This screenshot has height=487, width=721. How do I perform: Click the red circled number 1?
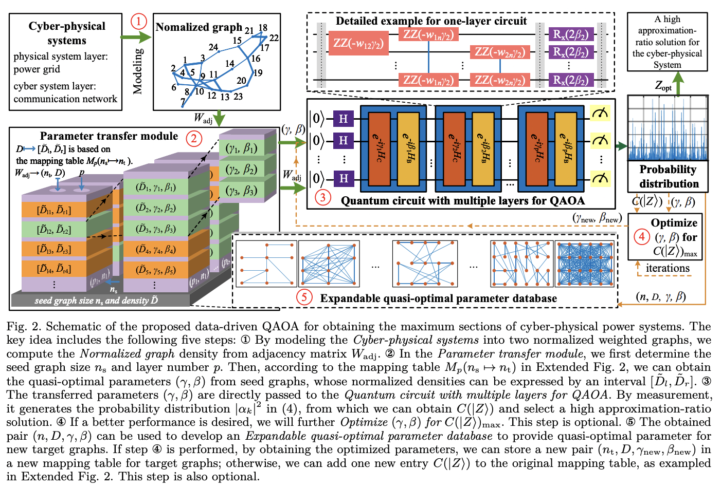point(138,22)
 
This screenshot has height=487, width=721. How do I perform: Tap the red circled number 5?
point(304,297)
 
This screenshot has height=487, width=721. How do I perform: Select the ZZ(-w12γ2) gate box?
point(358,43)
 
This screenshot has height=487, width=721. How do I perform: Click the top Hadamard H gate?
point(343,119)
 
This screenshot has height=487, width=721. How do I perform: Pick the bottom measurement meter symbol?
point(600,178)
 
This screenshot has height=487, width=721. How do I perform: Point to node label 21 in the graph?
point(249,31)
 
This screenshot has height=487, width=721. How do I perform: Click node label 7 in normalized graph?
point(183,102)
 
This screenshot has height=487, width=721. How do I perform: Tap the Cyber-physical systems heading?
point(67,33)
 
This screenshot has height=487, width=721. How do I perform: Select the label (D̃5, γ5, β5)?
point(155,269)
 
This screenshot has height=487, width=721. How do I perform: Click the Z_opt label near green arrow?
point(663,86)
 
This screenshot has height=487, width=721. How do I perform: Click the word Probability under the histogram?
point(668,170)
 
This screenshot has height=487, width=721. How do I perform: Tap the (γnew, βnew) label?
point(596,218)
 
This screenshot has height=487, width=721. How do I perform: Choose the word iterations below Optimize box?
point(668,268)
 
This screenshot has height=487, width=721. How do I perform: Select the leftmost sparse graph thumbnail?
point(266,264)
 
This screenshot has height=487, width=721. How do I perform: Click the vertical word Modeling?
point(137,71)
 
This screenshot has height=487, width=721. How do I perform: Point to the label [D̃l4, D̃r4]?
point(53,269)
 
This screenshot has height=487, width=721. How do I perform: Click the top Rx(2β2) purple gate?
point(571,35)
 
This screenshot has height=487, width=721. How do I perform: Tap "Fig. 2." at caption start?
point(24,327)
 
